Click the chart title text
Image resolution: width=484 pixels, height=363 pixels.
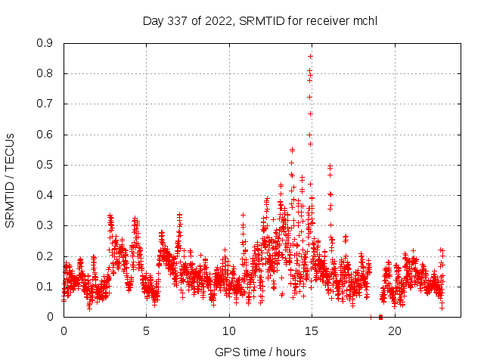pyautogui.click(x=259, y=21)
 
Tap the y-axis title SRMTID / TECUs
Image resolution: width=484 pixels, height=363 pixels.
pyautogui.click(x=10, y=180)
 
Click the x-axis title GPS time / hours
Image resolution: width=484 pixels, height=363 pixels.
pyautogui.click(x=260, y=352)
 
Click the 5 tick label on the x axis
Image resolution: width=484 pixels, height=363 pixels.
pyautogui.click(x=146, y=330)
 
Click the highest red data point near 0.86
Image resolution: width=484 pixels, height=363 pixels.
pyautogui.click(x=310, y=56)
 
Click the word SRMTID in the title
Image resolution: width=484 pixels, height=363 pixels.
pyautogui.click(x=259, y=21)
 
